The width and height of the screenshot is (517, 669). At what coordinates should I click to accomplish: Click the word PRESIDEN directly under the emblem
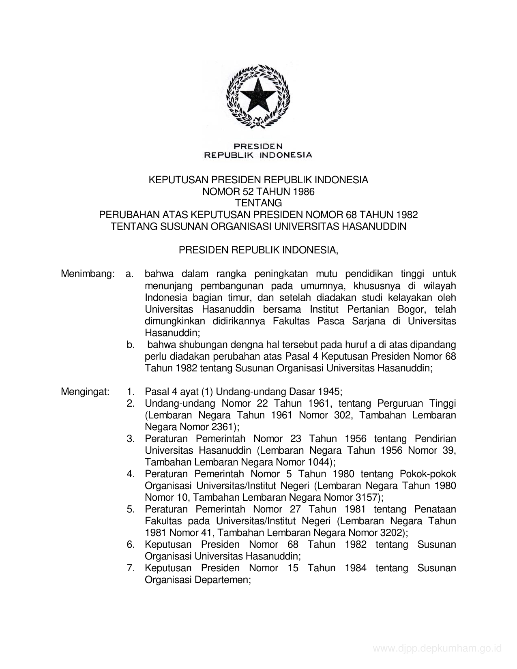(258, 146)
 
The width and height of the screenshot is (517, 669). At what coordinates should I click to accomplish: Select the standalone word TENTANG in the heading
(258, 203)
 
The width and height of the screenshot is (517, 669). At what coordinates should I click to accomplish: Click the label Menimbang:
(87, 274)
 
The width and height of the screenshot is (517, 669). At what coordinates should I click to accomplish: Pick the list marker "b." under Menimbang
(130, 345)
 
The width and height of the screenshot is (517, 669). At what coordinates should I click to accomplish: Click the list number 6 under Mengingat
(130, 545)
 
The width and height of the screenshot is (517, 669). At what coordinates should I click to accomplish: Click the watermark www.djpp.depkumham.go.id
(437, 649)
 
